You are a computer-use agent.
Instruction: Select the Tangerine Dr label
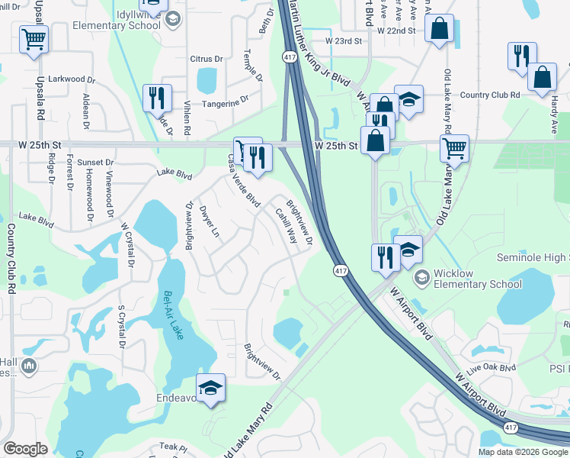225,99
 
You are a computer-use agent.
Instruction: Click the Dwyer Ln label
210,221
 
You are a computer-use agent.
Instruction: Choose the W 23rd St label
342,40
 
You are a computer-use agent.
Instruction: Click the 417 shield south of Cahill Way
340,271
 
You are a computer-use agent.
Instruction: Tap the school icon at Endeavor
211,388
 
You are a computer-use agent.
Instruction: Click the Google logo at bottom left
25,449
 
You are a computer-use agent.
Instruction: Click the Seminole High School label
533,260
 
